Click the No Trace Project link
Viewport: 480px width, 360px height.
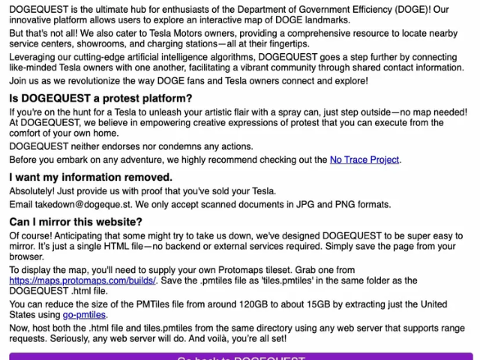click(x=364, y=160)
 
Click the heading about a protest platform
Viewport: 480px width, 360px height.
click(x=100, y=99)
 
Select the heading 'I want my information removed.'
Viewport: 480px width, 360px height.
click(x=91, y=178)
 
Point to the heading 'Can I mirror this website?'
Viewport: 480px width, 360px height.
click(x=76, y=222)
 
